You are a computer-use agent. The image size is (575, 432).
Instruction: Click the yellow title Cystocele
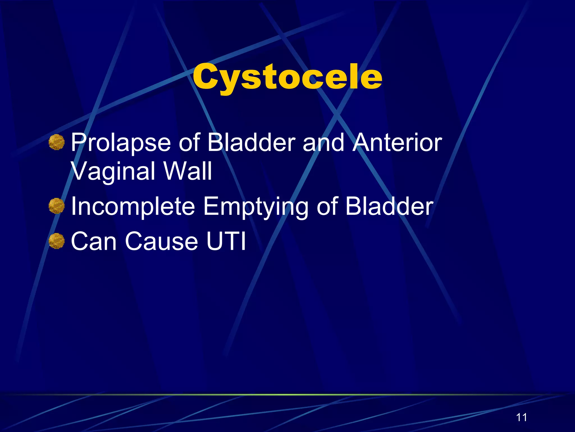[287, 76]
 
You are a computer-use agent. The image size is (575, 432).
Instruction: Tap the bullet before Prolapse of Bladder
[56, 142]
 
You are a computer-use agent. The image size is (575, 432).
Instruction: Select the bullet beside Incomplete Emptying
[56, 206]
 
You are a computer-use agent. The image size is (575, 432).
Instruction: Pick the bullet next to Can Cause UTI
[56, 241]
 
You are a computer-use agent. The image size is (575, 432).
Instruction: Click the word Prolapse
[121, 143]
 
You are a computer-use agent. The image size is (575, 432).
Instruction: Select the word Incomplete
[133, 207]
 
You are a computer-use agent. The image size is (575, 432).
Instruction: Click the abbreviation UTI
[226, 241]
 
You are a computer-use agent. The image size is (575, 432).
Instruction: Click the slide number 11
[521, 417]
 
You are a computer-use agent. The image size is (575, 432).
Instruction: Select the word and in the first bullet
[323, 143]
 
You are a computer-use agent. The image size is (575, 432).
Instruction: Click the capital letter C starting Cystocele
[204, 76]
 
